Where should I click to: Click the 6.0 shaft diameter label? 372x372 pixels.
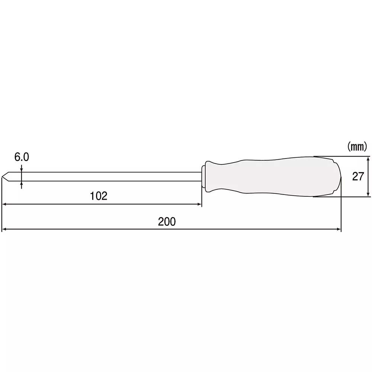coord(22,157)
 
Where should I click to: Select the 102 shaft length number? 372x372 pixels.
coord(99,196)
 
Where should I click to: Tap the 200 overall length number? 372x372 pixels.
coord(166,222)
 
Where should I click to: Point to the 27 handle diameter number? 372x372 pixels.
coord(357,177)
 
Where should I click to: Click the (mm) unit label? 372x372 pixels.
coord(357,147)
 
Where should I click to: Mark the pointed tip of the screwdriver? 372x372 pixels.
coord(3,177)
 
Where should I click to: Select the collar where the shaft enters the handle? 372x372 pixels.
coord(203,177)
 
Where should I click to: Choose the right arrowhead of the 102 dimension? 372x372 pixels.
coord(199,204)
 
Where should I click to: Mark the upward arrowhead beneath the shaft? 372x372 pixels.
coord(22,183)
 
